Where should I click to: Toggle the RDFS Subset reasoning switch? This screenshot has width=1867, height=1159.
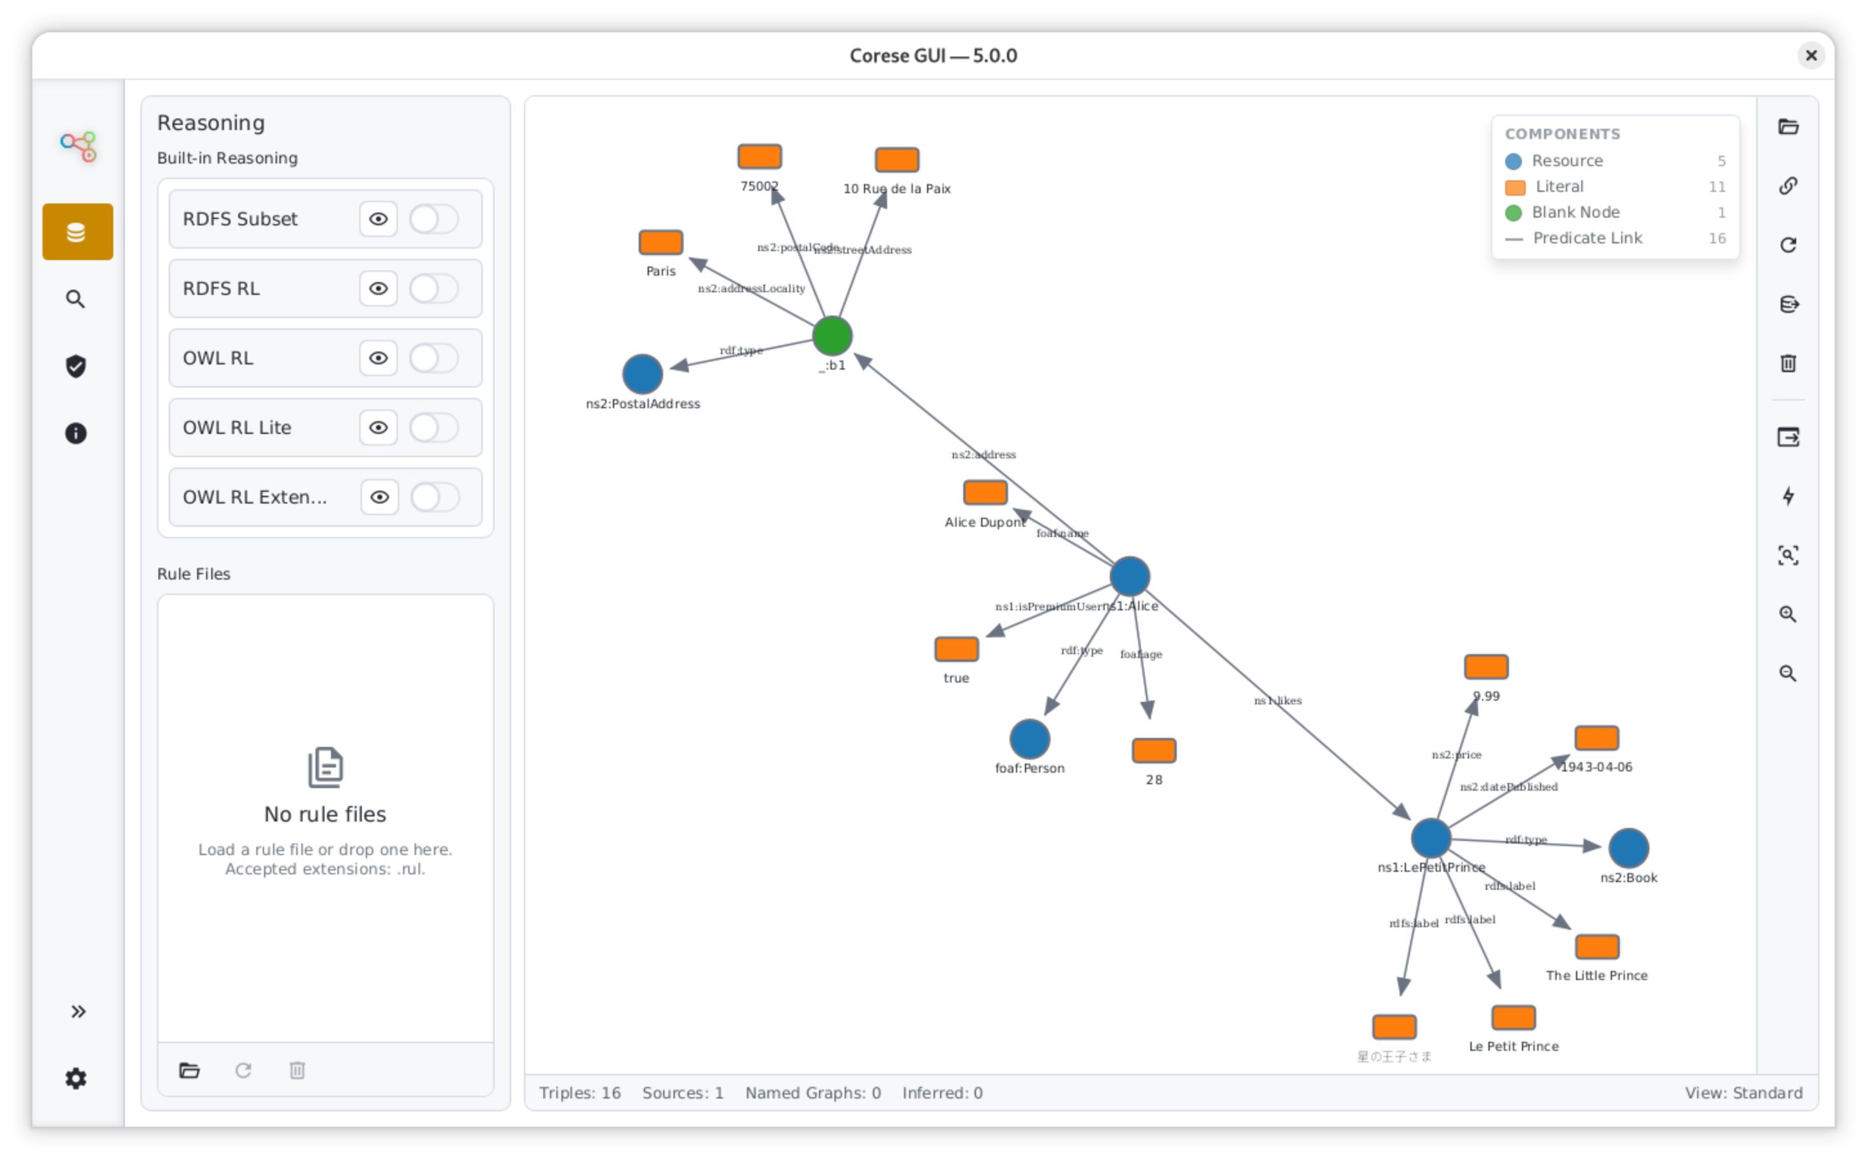click(434, 219)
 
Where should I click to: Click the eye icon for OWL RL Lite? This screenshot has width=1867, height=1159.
click(378, 428)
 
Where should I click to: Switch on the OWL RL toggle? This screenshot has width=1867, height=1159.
click(434, 358)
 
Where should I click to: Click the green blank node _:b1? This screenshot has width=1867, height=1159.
click(832, 335)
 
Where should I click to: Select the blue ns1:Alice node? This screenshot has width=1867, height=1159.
click(1130, 576)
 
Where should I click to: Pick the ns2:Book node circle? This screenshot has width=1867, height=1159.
click(1628, 848)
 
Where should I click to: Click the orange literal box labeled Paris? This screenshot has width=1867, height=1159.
click(661, 242)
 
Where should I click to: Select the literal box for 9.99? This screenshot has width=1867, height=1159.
click(1486, 667)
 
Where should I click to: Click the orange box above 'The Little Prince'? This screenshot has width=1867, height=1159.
click(1597, 947)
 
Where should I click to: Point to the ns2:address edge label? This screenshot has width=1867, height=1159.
click(983, 455)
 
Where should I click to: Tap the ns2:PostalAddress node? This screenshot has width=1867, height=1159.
click(643, 374)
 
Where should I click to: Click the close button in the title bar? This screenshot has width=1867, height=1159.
click(1811, 55)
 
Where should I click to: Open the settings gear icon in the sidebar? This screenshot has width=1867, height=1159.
click(76, 1079)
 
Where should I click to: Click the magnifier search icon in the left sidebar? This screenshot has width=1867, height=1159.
click(76, 299)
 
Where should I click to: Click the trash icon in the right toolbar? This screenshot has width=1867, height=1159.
click(1788, 363)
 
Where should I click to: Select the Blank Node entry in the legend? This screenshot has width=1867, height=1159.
click(1575, 212)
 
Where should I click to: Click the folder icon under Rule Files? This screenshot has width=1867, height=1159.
click(189, 1070)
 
